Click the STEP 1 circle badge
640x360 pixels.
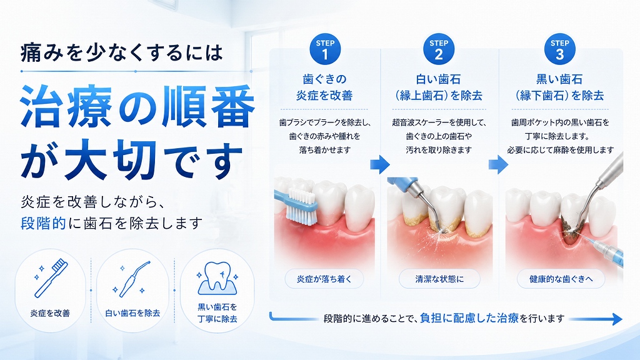click(325, 49)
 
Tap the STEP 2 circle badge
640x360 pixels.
click(439, 49)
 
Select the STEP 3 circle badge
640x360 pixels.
click(559, 49)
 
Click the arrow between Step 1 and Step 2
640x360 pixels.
click(380, 164)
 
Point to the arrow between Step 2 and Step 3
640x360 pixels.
click(498, 164)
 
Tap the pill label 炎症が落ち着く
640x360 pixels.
click(324, 279)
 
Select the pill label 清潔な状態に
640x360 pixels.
click(439, 279)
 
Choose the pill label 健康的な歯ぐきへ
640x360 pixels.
click(561, 279)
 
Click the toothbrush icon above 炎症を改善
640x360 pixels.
click(51, 278)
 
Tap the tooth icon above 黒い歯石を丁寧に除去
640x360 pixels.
click(217, 278)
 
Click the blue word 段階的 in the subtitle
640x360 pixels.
click(43, 223)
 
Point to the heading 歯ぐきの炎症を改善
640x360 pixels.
click(324, 87)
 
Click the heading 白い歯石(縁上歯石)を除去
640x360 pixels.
click(439, 87)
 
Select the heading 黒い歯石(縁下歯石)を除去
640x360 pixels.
click(559, 87)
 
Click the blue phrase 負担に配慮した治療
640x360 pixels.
click(469, 318)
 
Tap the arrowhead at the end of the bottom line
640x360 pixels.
click(616, 319)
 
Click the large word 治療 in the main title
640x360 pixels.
click(66, 106)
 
